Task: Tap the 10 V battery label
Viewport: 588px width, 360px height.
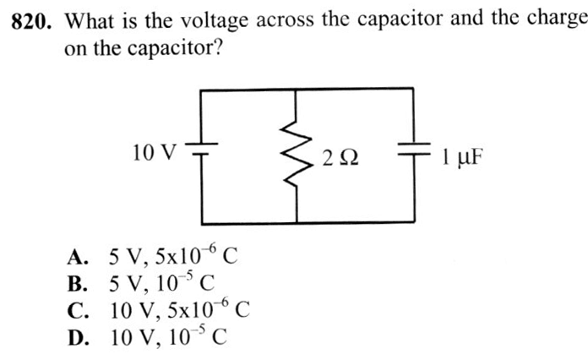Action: coord(155,153)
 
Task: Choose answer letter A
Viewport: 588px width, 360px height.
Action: coord(78,255)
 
